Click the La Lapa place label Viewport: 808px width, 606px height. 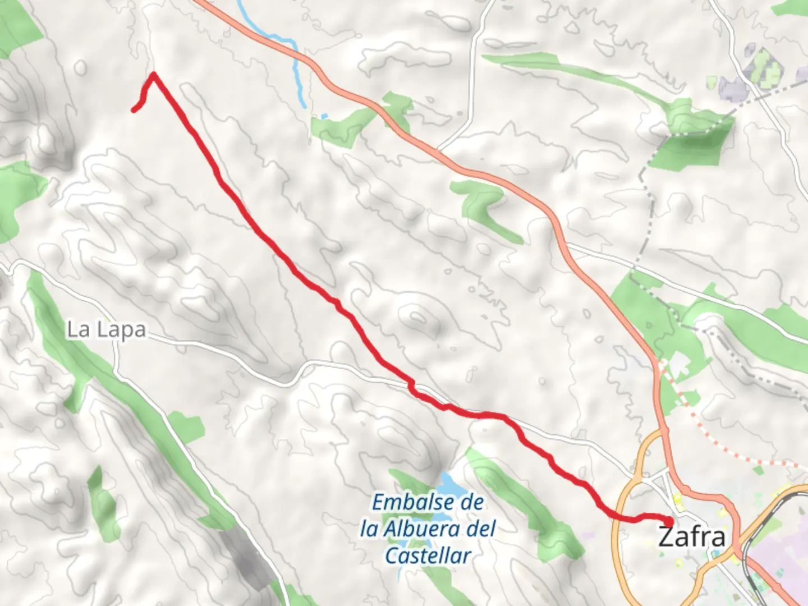(106, 330)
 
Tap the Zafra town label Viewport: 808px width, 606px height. (691, 536)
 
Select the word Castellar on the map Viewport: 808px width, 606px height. (428, 556)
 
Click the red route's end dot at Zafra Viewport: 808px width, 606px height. (669, 522)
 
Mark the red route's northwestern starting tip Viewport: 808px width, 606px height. (134, 109)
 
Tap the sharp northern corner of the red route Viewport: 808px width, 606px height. (153, 74)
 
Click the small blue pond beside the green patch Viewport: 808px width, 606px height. (323, 117)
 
